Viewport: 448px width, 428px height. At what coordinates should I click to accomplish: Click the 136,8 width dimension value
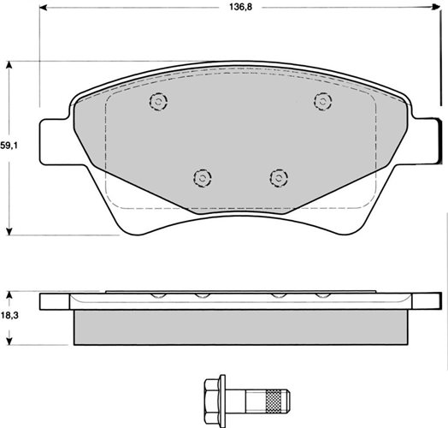[x=240, y=7]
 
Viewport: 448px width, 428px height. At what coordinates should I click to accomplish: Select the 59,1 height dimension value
[x=9, y=146]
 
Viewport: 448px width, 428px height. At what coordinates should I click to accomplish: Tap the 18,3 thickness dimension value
[x=9, y=316]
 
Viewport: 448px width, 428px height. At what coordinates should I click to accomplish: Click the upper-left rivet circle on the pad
[x=158, y=101]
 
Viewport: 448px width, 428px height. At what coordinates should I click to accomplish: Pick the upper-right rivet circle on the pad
[x=323, y=101]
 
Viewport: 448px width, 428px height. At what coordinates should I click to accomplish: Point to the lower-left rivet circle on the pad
[x=203, y=178]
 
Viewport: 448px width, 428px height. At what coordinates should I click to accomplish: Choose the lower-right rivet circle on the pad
[x=279, y=178]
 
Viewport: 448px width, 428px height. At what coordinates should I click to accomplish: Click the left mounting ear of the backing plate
[x=54, y=142]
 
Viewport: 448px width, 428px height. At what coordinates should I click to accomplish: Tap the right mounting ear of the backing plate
[x=427, y=140]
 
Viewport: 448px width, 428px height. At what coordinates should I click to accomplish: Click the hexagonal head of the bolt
[x=212, y=398]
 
